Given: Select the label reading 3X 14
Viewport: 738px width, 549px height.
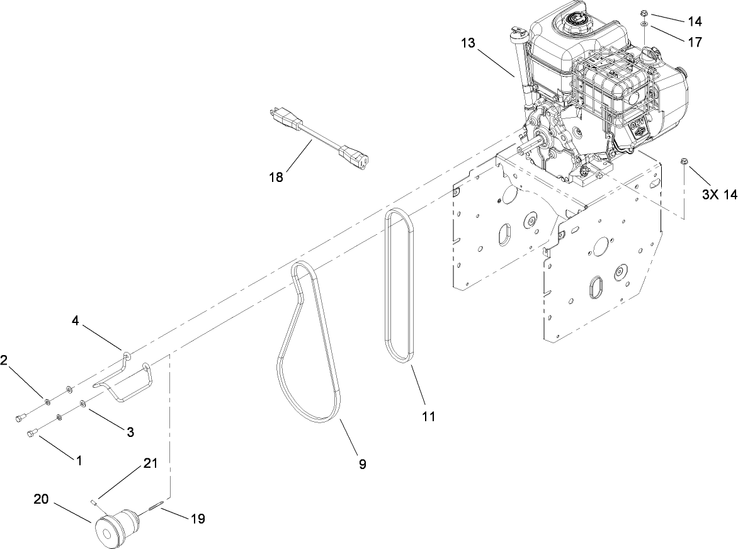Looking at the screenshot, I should click(x=718, y=195).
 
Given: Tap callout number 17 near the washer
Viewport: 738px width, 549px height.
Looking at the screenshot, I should click(x=695, y=43).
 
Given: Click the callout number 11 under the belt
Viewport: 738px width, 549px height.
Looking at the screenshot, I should click(x=428, y=416).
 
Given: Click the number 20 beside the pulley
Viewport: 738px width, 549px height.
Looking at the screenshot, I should click(x=41, y=499).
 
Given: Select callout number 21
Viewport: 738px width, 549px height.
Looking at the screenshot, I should click(x=149, y=464).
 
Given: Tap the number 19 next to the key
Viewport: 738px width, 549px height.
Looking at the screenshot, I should click(x=197, y=519).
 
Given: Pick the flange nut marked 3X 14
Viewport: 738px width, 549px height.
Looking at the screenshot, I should click(x=684, y=164).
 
